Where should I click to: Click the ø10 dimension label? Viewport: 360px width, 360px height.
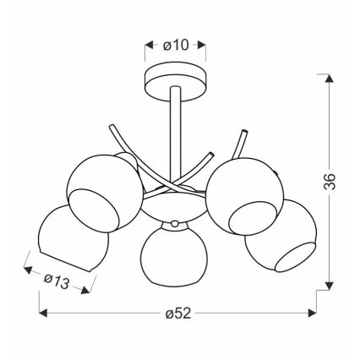(176, 45)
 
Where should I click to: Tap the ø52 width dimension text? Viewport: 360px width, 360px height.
(178, 314)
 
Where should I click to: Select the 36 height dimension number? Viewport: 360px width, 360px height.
(330, 182)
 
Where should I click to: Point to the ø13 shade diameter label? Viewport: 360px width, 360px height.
(57, 281)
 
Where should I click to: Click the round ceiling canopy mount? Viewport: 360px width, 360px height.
(175, 82)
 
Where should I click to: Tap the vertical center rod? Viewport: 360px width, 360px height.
(175, 135)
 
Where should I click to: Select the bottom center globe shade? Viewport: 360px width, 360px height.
(174, 254)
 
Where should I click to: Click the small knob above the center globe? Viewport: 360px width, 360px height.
(175, 224)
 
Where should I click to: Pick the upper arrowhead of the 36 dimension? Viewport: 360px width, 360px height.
(330, 78)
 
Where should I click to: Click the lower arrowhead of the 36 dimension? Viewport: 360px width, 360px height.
(330, 286)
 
